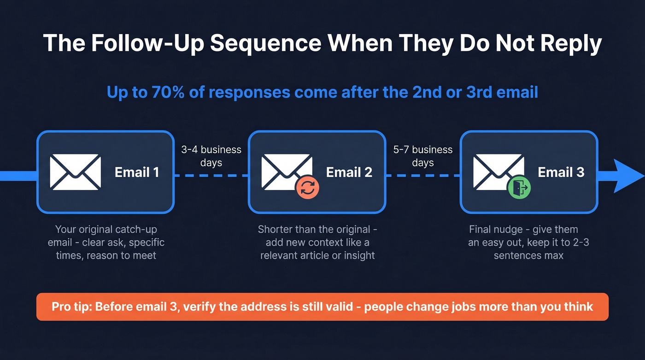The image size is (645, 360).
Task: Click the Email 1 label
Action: pos(137,172)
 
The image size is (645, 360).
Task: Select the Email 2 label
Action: pos(349,172)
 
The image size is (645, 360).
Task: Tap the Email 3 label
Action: pos(561,172)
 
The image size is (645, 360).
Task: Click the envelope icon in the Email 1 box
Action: pos(75,172)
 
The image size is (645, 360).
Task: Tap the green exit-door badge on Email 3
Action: pos(519,188)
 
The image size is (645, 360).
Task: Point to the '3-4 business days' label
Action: pos(211,156)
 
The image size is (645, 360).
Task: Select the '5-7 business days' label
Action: pos(423,156)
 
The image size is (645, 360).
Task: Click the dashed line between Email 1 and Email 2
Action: pos(211,176)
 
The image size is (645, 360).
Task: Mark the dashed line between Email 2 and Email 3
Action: pos(423,176)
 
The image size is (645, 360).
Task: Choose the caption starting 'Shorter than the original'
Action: pos(317,229)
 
